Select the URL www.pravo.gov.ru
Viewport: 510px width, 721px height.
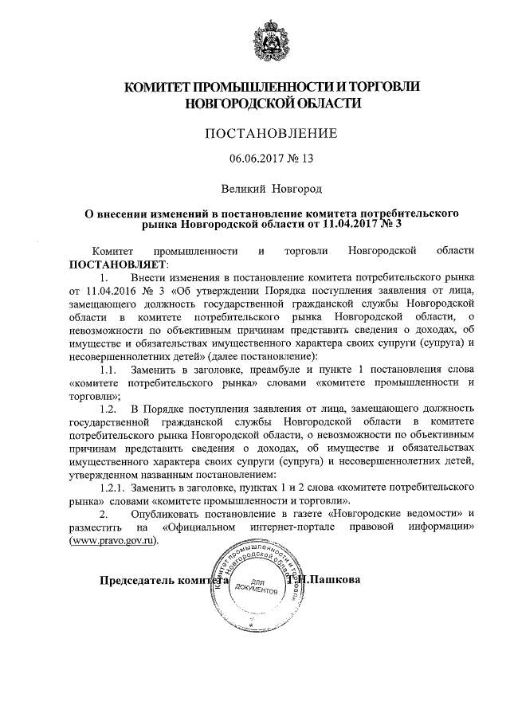pos(114,539)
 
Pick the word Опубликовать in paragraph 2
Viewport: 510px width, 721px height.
pos(172,513)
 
